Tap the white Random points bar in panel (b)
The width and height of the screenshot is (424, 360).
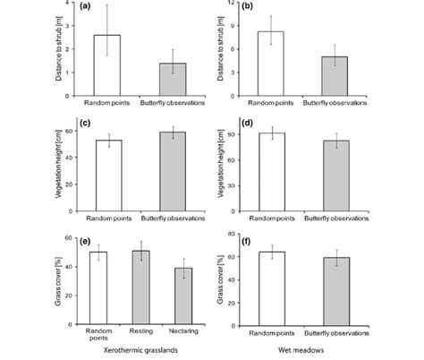pyautogui.click(x=271, y=61)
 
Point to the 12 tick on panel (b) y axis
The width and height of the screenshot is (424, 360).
pyautogui.click(x=236, y=3)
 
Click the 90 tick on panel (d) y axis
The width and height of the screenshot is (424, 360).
pyautogui.click(x=236, y=135)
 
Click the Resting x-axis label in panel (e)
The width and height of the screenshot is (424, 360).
pyautogui.click(x=141, y=331)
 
